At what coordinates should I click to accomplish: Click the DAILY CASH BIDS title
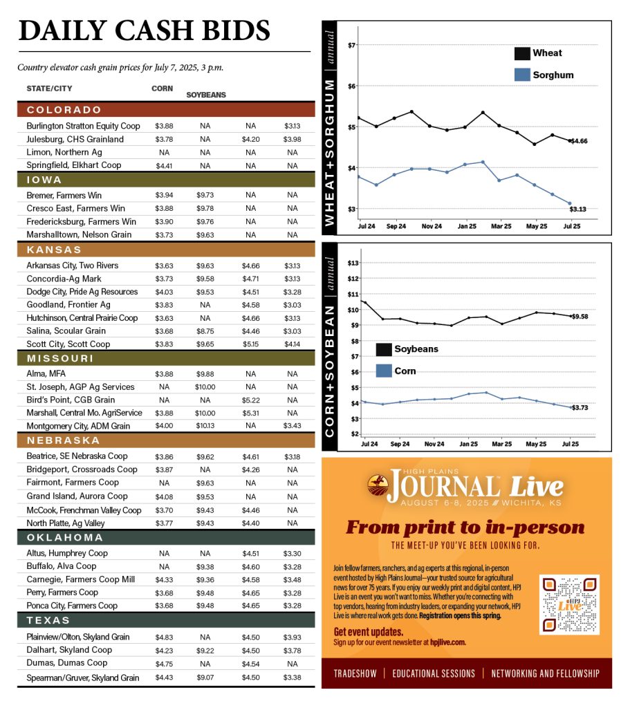(x=144, y=30)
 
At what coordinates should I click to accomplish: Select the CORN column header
(x=163, y=88)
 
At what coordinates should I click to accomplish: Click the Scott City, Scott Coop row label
(x=68, y=344)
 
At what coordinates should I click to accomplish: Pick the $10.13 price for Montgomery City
(x=205, y=427)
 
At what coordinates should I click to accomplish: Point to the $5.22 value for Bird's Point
(x=250, y=400)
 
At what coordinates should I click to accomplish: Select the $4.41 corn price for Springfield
(x=164, y=165)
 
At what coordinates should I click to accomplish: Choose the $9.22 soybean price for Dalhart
(x=205, y=650)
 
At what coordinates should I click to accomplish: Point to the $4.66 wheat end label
(x=579, y=141)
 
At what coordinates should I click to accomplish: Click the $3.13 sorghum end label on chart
(x=578, y=208)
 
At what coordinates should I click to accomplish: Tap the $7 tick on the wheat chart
(x=352, y=46)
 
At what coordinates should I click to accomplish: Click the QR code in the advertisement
(x=568, y=604)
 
